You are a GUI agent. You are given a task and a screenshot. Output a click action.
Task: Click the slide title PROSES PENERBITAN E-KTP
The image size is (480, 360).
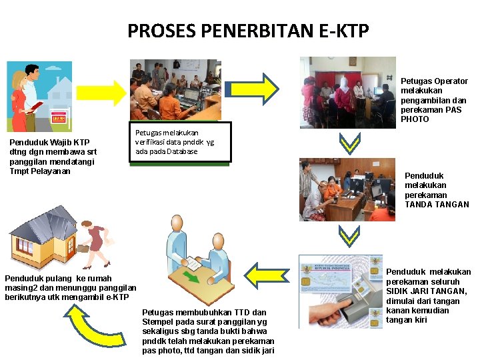click(x=248, y=31)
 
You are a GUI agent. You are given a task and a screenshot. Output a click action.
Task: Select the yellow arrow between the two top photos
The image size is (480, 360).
click(x=261, y=87)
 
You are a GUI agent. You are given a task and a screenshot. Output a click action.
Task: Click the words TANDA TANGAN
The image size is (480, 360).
click(x=437, y=205)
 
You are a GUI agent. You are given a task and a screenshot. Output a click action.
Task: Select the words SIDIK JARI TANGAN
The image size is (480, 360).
click(x=428, y=291)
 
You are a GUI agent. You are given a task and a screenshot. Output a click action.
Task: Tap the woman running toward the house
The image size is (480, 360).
click(x=93, y=244)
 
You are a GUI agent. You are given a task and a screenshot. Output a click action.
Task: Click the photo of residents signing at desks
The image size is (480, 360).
click(x=347, y=190)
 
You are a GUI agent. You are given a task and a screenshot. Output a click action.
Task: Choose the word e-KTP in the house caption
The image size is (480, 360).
click(x=117, y=297)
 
